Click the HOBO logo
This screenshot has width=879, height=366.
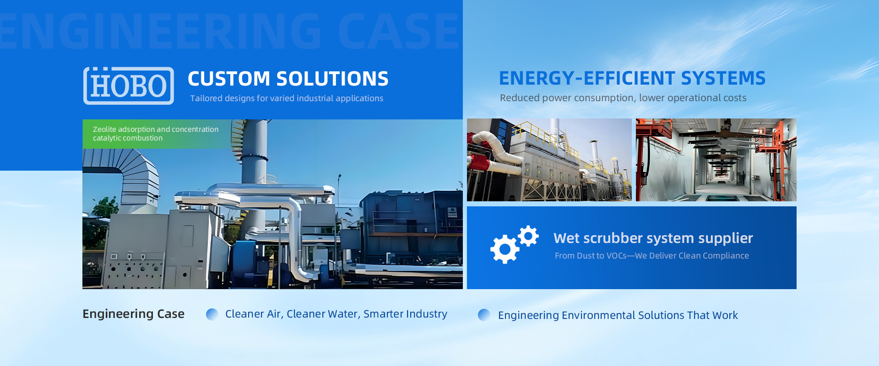129,86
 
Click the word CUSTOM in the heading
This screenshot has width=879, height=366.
229,79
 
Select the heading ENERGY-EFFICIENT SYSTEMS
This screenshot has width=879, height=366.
632,78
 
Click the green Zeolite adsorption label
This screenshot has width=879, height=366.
156,134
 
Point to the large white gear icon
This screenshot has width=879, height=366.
505,249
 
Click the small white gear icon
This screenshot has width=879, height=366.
528,236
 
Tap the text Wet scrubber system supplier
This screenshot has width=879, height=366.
653,238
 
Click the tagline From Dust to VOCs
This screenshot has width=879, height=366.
652,256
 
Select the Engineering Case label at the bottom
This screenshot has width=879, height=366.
134,314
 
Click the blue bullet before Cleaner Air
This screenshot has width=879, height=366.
212,314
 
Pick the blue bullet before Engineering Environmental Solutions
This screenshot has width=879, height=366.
484,315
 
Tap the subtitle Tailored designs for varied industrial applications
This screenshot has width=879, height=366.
287,98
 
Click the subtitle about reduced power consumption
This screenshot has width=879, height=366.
623,98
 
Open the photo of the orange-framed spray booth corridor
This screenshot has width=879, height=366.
716,160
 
